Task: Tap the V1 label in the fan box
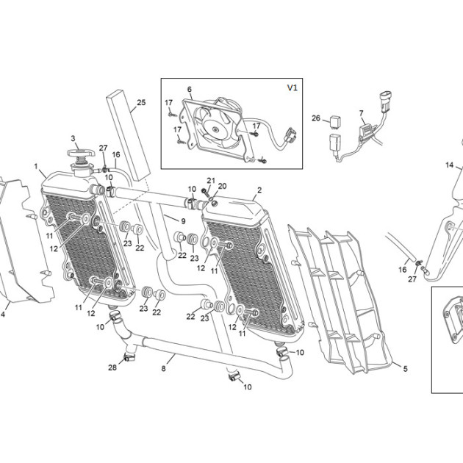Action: click(x=292, y=87)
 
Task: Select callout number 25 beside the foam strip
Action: click(x=141, y=102)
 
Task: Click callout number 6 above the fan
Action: click(x=190, y=89)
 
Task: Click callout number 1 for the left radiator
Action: click(x=36, y=167)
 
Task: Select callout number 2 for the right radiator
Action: click(x=259, y=190)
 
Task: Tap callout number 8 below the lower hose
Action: click(x=163, y=368)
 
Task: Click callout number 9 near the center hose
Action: click(x=183, y=221)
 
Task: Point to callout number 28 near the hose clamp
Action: click(x=112, y=367)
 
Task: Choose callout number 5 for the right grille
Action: click(x=406, y=368)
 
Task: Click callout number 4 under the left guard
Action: click(x=3, y=315)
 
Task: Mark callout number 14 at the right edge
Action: click(x=450, y=165)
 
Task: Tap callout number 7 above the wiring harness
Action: click(x=361, y=113)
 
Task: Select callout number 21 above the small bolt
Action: click(x=211, y=180)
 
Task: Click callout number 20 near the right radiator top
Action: click(x=222, y=186)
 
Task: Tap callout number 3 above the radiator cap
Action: click(x=73, y=138)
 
